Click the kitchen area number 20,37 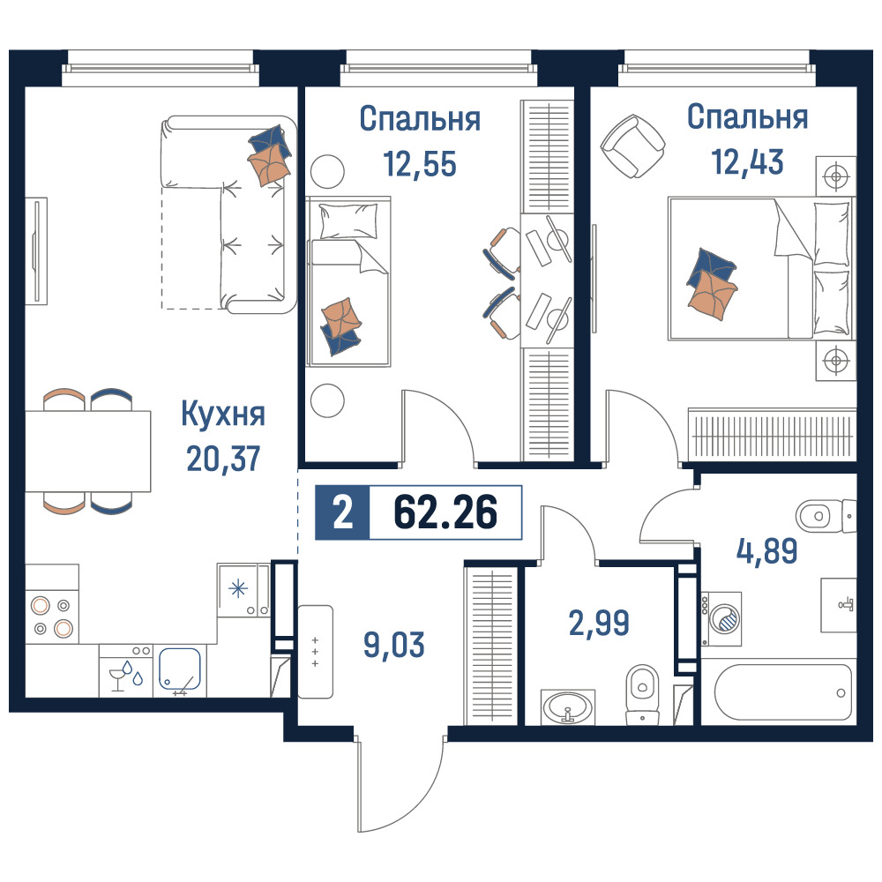223,459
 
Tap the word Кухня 223,415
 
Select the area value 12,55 420,164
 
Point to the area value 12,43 747,161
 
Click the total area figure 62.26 445,512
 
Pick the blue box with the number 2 342,512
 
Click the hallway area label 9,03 393,645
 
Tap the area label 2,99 599,623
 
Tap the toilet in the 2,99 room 642,695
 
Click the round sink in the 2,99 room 567,707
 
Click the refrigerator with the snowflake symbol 243,590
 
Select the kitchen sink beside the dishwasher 180,670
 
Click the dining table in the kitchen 88,451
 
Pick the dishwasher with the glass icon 126,670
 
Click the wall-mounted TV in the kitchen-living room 37,250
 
